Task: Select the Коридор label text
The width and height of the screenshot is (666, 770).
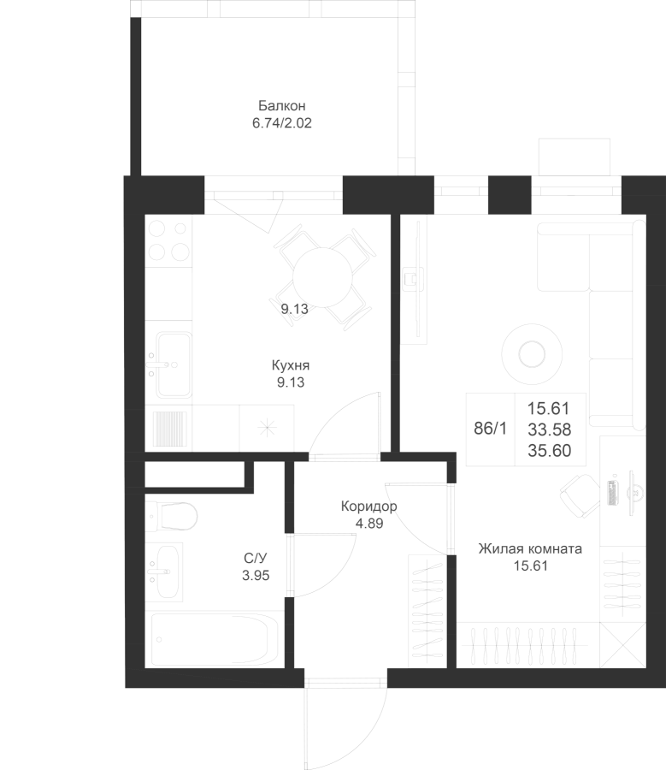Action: pyautogui.click(x=368, y=506)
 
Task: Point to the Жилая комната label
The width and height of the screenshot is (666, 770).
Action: pyautogui.click(x=530, y=549)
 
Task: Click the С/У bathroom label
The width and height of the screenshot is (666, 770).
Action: pyautogui.click(x=256, y=559)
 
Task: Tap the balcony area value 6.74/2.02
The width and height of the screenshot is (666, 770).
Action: pyautogui.click(x=281, y=122)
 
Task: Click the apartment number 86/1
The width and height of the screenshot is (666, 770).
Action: pyautogui.click(x=490, y=429)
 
